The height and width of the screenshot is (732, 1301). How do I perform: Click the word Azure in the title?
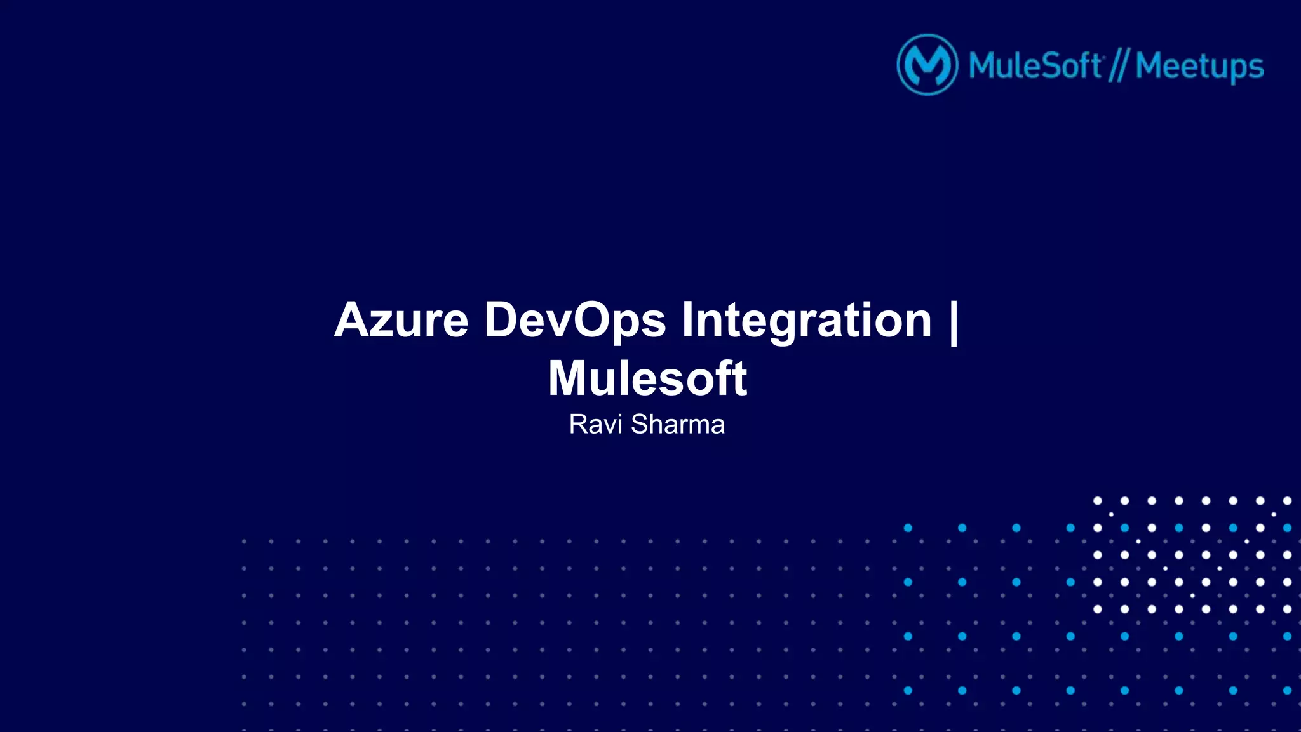click(x=401, y=320)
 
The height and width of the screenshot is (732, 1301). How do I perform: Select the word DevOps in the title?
click(x=575, y=320)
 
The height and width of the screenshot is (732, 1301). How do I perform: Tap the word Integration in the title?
click(x=806, y=320)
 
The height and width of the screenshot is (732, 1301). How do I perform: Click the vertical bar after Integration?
click(x=953, y=321)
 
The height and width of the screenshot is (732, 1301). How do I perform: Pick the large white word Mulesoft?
click(x=647, y=378)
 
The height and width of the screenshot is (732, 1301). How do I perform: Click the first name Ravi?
click(x=595, y=424)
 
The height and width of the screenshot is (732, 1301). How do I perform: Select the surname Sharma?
click(x=677, y=424)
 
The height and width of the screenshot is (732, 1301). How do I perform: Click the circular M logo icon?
click(x=927, y=65)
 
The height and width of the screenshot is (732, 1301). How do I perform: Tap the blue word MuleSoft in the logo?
click(x=1035, y=66)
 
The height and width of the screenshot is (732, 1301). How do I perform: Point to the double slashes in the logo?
click(x=1118, y=66)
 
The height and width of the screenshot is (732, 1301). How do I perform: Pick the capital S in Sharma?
click(x=640, y=424)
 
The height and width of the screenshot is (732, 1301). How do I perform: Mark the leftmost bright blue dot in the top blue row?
click(x=908, y=528)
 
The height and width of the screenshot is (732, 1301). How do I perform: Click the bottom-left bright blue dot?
click(x=908, y=690)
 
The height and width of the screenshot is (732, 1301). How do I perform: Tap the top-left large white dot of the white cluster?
click(x=1097, y=501)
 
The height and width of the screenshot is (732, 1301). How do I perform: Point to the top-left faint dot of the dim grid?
click(x=244, y=542)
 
